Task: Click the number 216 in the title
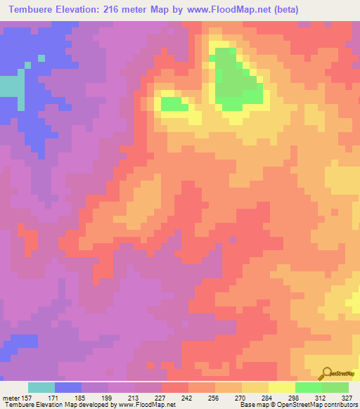point(120,10)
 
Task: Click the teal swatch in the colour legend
point(41,387)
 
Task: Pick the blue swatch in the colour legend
point(68,387)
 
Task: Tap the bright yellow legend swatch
point(282,387)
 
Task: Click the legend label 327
point(347,398)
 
